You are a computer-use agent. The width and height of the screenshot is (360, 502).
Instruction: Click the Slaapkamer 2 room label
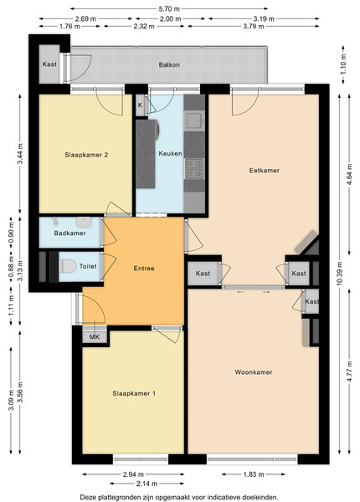click(86, 155)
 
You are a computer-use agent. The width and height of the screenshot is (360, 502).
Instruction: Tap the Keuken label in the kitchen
click(170, 153)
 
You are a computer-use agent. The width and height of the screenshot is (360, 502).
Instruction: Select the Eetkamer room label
click(265, 171)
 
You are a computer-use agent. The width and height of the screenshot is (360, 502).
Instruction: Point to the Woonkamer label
click(254, 372)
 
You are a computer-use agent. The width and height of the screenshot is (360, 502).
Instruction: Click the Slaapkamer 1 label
click(134, 393)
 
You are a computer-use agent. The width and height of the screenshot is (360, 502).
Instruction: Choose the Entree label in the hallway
click(144, 269)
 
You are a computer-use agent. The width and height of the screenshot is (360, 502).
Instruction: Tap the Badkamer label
click(69, 233)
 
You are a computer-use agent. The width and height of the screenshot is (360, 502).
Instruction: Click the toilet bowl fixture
click(67, 266)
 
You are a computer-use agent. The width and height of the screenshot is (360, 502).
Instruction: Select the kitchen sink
click(194, 120)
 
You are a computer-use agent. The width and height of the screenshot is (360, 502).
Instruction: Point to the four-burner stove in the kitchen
click(194, 169)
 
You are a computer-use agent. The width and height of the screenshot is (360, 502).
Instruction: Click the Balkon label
click(169, 65)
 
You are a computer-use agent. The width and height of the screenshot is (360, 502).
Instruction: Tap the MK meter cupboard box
click(95, 336)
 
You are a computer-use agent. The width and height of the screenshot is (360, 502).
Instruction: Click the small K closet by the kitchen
click(140, 105)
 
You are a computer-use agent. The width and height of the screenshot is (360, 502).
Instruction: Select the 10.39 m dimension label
click(340, 274)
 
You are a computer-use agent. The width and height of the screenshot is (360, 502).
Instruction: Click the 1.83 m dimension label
click(254, 474)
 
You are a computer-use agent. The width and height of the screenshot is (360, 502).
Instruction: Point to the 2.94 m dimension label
click(133, 474)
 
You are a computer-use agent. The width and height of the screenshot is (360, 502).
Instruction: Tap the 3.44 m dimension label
click(20, 154)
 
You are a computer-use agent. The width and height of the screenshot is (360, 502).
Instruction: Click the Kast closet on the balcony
click(49, 64)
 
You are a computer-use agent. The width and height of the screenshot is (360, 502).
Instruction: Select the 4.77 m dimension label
click(349, 371)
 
